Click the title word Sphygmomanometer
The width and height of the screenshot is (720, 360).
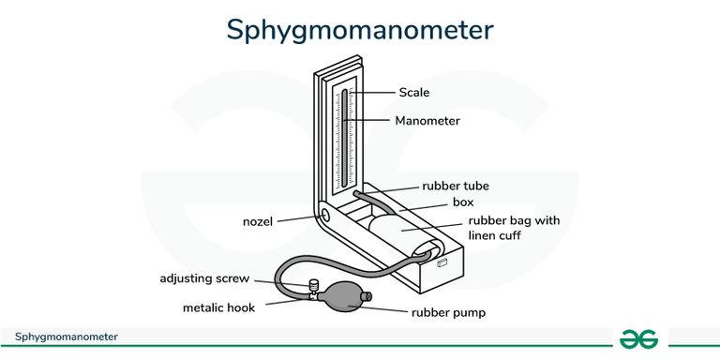tap(359, 29)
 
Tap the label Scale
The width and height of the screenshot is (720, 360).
tap(413, 92)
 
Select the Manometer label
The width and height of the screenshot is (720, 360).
tap(427, 121)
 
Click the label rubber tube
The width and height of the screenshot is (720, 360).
tap(455, 186)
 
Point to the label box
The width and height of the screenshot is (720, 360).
tap(463, 202)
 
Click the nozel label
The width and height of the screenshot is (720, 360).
tap(256, 221)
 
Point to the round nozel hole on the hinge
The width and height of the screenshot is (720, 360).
tap(326, 216)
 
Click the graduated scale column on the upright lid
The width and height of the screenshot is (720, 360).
tap(345, 136)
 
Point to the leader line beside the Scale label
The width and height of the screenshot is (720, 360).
tap(375, 92)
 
